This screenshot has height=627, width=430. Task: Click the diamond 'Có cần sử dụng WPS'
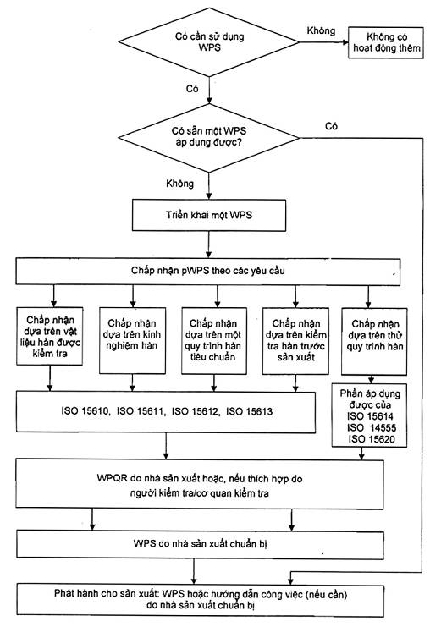pyautogui.click(x=209, y=41)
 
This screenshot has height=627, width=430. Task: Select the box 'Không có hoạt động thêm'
pyautogui.click(x=386, y=43)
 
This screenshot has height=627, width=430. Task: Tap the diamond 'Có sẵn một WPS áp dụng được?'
pyautogui.click(x=209, y=138)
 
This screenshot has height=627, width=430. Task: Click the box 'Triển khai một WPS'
pyautogui.click(x=209, y=215)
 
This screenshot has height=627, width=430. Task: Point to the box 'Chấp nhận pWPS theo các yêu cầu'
pyautogui.click(x=208, y=271)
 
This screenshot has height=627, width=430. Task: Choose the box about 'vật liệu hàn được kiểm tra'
pyautogui.click(x=50, y=336)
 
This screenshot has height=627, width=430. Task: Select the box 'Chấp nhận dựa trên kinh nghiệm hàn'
pyautogui.click(x=132, y=340)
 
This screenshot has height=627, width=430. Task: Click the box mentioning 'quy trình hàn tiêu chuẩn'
pyautogui.click(x=214, y=341)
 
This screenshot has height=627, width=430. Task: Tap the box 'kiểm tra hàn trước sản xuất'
pyautogui.click(x=295, y=341)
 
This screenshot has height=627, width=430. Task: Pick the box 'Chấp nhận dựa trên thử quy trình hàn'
pyautogui.click(x=374, y=341)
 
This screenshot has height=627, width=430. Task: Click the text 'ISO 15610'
pyautogui.click(x=85, y=411)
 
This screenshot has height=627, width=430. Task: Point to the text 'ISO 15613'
pyautogui.click(x=250, y=411)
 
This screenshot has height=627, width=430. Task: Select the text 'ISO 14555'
pyautogui.click(x=372, y=428)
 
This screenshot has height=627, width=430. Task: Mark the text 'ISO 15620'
pyautogui.click(x=372, y=439)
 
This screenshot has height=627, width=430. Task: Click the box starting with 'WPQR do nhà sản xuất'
pyautogui.click(x=200, y=485)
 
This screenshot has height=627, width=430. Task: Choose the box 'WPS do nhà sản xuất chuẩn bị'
pyautogui.click(x=200, y=544)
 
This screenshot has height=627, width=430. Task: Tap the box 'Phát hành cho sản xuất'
pyautogui.click(x=200, y=599)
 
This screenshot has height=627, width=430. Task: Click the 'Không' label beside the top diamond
pyautogui.click(x=321, y=30)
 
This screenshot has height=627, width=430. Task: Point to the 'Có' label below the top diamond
pyautogui.click(x=192, y=88)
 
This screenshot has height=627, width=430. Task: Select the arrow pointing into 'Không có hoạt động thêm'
pyautogui.click(x=323, y=42)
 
